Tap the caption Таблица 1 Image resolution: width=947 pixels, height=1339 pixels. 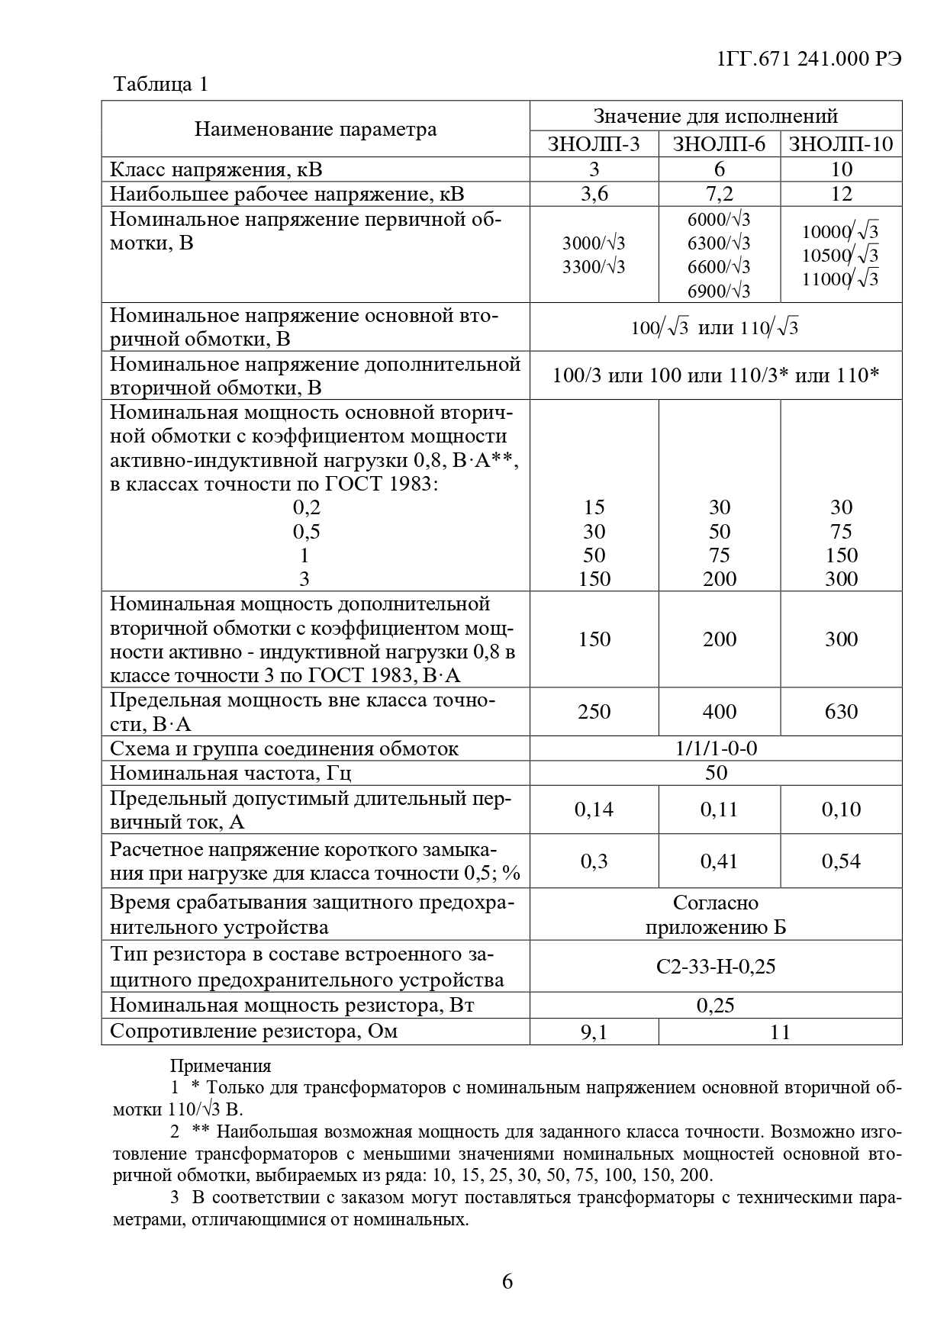tap(160, 84)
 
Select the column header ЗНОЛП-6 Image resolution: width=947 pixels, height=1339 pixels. tap(719, 144)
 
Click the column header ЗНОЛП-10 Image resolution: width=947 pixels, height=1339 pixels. tap(841, 144)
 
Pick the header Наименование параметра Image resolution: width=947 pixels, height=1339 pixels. tap(315, 129)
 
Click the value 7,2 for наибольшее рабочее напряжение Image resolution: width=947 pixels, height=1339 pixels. tap(719, 193)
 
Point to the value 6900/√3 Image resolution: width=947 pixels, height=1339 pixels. tap(719, 291)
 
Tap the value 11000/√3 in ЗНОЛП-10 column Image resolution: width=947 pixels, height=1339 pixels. tap(840, 278)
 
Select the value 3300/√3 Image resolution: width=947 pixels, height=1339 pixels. tap(594, 266)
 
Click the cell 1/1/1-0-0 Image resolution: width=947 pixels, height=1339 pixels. tap(716, 748)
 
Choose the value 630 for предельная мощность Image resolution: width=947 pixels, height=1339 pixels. tap(841, 712)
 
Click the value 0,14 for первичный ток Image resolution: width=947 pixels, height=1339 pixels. tap(594, 810)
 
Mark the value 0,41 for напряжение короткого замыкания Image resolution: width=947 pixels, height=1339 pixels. tap(719, 861)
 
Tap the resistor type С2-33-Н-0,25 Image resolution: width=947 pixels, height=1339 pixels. tap(716, 967)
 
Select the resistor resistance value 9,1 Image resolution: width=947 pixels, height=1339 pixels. tap(594, 1032)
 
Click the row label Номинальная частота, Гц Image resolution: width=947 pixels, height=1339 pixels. tap(230, 773)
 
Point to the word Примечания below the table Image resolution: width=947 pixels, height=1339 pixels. tap(220, 1066)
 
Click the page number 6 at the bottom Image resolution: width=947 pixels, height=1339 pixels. tap(507, 1281)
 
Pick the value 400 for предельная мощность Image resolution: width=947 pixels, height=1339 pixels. tap(719, 712)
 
